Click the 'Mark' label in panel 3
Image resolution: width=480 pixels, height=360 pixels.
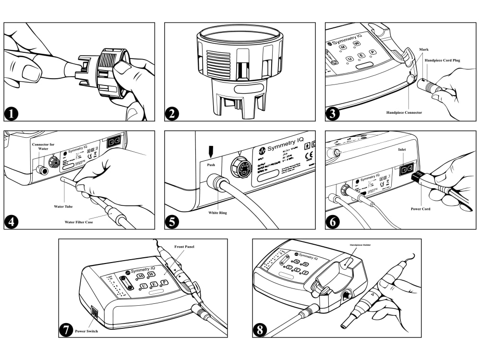coord(424,49)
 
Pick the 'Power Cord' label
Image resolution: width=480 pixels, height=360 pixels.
coord(420,209)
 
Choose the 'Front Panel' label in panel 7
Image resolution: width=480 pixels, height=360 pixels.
coord(185,247)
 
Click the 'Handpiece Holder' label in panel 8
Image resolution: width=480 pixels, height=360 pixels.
coord(357,245)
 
